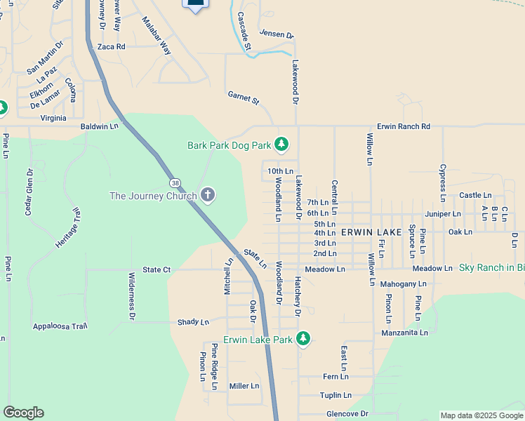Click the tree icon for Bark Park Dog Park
(x=281, y=145)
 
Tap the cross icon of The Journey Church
(x=207, y=195)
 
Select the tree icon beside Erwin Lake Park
(x=303, y=340)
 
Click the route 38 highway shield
(x=174, y=182)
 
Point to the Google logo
(x=23, y=413)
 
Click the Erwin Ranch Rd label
(x=403, y=126)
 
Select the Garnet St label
(x=244, y=98)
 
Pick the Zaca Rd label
(x=111, y=47)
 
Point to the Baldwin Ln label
(x=100, y=126)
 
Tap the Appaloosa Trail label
(x=60, y=326)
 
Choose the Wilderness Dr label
(x=131, y=297)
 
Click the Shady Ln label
(x=193, y=322)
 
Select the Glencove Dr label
(x=347, y=414)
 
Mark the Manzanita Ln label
(x=404, y=333)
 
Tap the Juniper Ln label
(x=442, y=213)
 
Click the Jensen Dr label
(x=277, y=33)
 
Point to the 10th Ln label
(x=280, y=171)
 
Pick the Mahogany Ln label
(x=403, y=284)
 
